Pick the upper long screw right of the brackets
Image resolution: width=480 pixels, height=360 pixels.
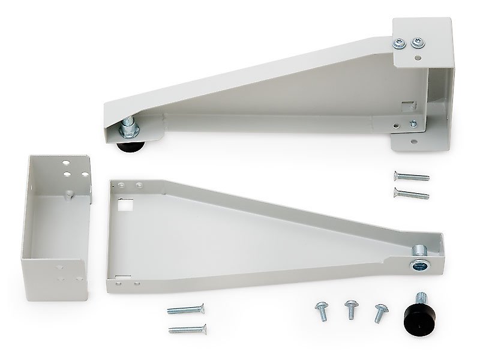click(x=412, y=176)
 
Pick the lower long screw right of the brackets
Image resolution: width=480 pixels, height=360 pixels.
click(x=412, y=193)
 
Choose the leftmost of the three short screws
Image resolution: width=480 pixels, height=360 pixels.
click(x=319, y=311)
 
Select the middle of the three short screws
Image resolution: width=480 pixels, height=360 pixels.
click(x=349, y=310)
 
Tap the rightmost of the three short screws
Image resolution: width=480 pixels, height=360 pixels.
click(x=379, y=311)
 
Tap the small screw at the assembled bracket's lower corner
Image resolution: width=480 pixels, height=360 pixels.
click(x=413, y=124)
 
